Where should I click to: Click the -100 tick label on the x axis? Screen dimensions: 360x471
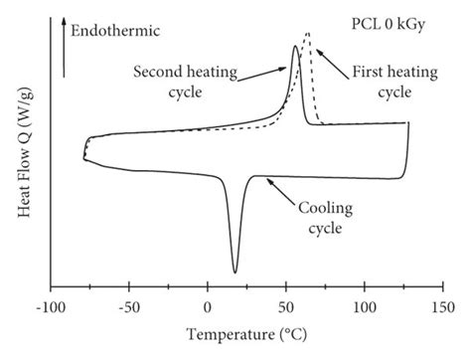click(x=49, y=308)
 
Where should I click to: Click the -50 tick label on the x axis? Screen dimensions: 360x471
click(x=128, y=308)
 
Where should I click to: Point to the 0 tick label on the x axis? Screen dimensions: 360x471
click(x=208, y=308)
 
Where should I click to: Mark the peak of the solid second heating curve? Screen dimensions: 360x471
click(x=295, y=46)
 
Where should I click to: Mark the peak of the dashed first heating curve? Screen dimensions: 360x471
click(x=307, y=35)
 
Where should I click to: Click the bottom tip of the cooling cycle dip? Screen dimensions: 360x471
click(x=235, y=271)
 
